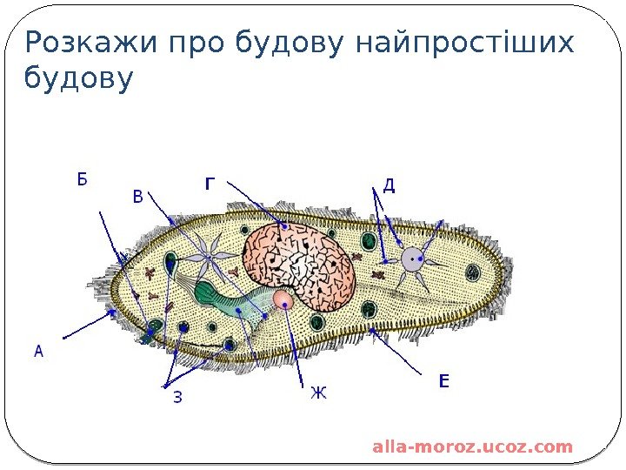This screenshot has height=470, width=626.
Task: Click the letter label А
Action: [38, 352]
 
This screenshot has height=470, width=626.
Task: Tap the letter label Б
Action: [82, 180]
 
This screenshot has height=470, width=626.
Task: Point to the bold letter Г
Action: [210, 184]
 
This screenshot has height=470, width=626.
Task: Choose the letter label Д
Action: [389, 185]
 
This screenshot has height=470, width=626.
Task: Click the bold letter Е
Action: [444, 381]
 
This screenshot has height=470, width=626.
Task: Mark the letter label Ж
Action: [318, 393]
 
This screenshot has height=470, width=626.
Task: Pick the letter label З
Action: [177, 399]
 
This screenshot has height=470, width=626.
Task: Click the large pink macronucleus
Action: [298, 261]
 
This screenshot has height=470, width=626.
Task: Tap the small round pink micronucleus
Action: [283, 300]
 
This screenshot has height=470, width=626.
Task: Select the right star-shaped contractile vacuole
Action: [410, 258]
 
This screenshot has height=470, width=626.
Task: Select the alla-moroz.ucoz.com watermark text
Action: [472, 447]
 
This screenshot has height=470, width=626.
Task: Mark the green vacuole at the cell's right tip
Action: [472, 272]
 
